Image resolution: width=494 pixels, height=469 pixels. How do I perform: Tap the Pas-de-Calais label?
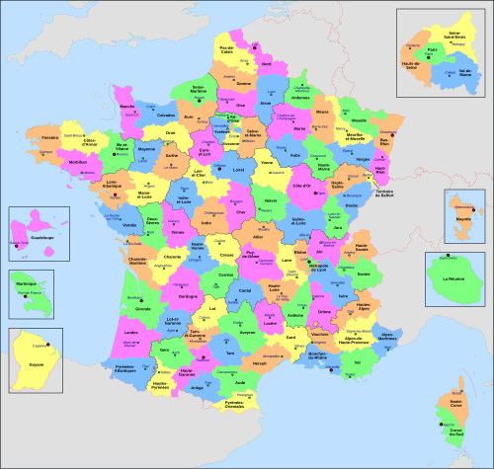pyautogui.click(x=227, y=48)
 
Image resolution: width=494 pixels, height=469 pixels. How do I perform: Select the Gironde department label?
pyautogui.click(x=142, y=309)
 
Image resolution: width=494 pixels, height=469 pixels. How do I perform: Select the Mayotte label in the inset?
pyautogui.click(x=460, y=224)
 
